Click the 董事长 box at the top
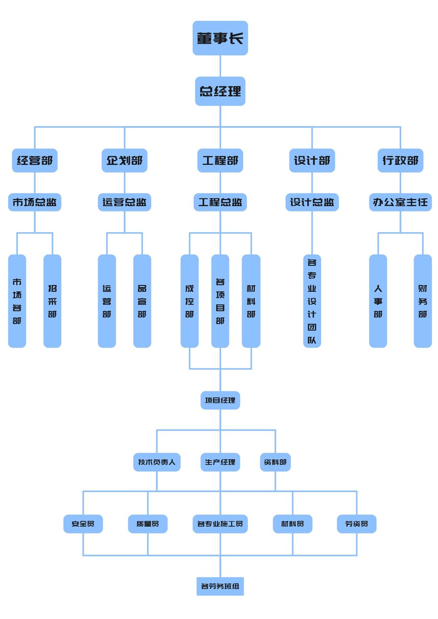pos(220,38)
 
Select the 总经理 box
pos(220,91)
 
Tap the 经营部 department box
pos(35,161)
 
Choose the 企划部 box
pos(124,161)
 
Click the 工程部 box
pos(220,161)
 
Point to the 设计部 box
pos(312,161)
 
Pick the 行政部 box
pos(400,161)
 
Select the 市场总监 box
pos(35,202)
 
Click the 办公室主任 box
pos(400,202)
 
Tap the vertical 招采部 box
pos(52,301)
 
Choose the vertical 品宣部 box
pos(142,301)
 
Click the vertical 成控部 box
pos(189,301)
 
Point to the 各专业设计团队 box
pos(312,301)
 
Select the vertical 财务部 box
pos(422,301)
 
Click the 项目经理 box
pos(220,401)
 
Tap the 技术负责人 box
pos(156,462)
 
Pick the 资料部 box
pos(275,462)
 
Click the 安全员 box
pos(83,524)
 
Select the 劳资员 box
pos(357,524)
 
